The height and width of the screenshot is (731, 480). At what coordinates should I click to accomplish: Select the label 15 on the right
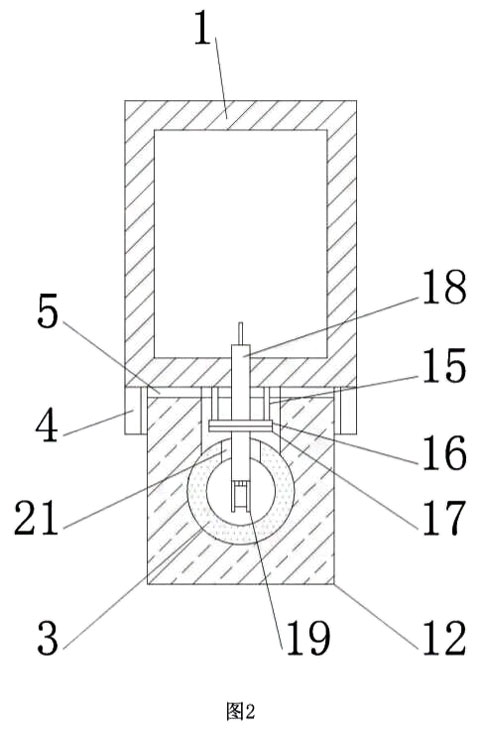pyautogui.click(x=444, y=365)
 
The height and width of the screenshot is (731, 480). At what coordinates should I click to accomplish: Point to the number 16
pyautogui.click(x=444, y=452)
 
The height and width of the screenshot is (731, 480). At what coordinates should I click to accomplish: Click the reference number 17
pyautogui.click(x=444, y=517)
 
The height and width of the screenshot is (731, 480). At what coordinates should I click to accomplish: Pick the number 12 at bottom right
pyautogui.click(x=444, y=638)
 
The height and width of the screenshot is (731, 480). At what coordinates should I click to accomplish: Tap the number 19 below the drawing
pyautogui.click(x=308, y=638)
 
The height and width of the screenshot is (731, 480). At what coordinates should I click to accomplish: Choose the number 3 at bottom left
pyautogui.click(x=48, y=638)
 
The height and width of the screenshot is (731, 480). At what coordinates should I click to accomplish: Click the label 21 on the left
pyautogui.click(x=36, y=517)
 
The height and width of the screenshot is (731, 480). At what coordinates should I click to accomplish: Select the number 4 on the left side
pyautogui.click(x=47, y=426)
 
